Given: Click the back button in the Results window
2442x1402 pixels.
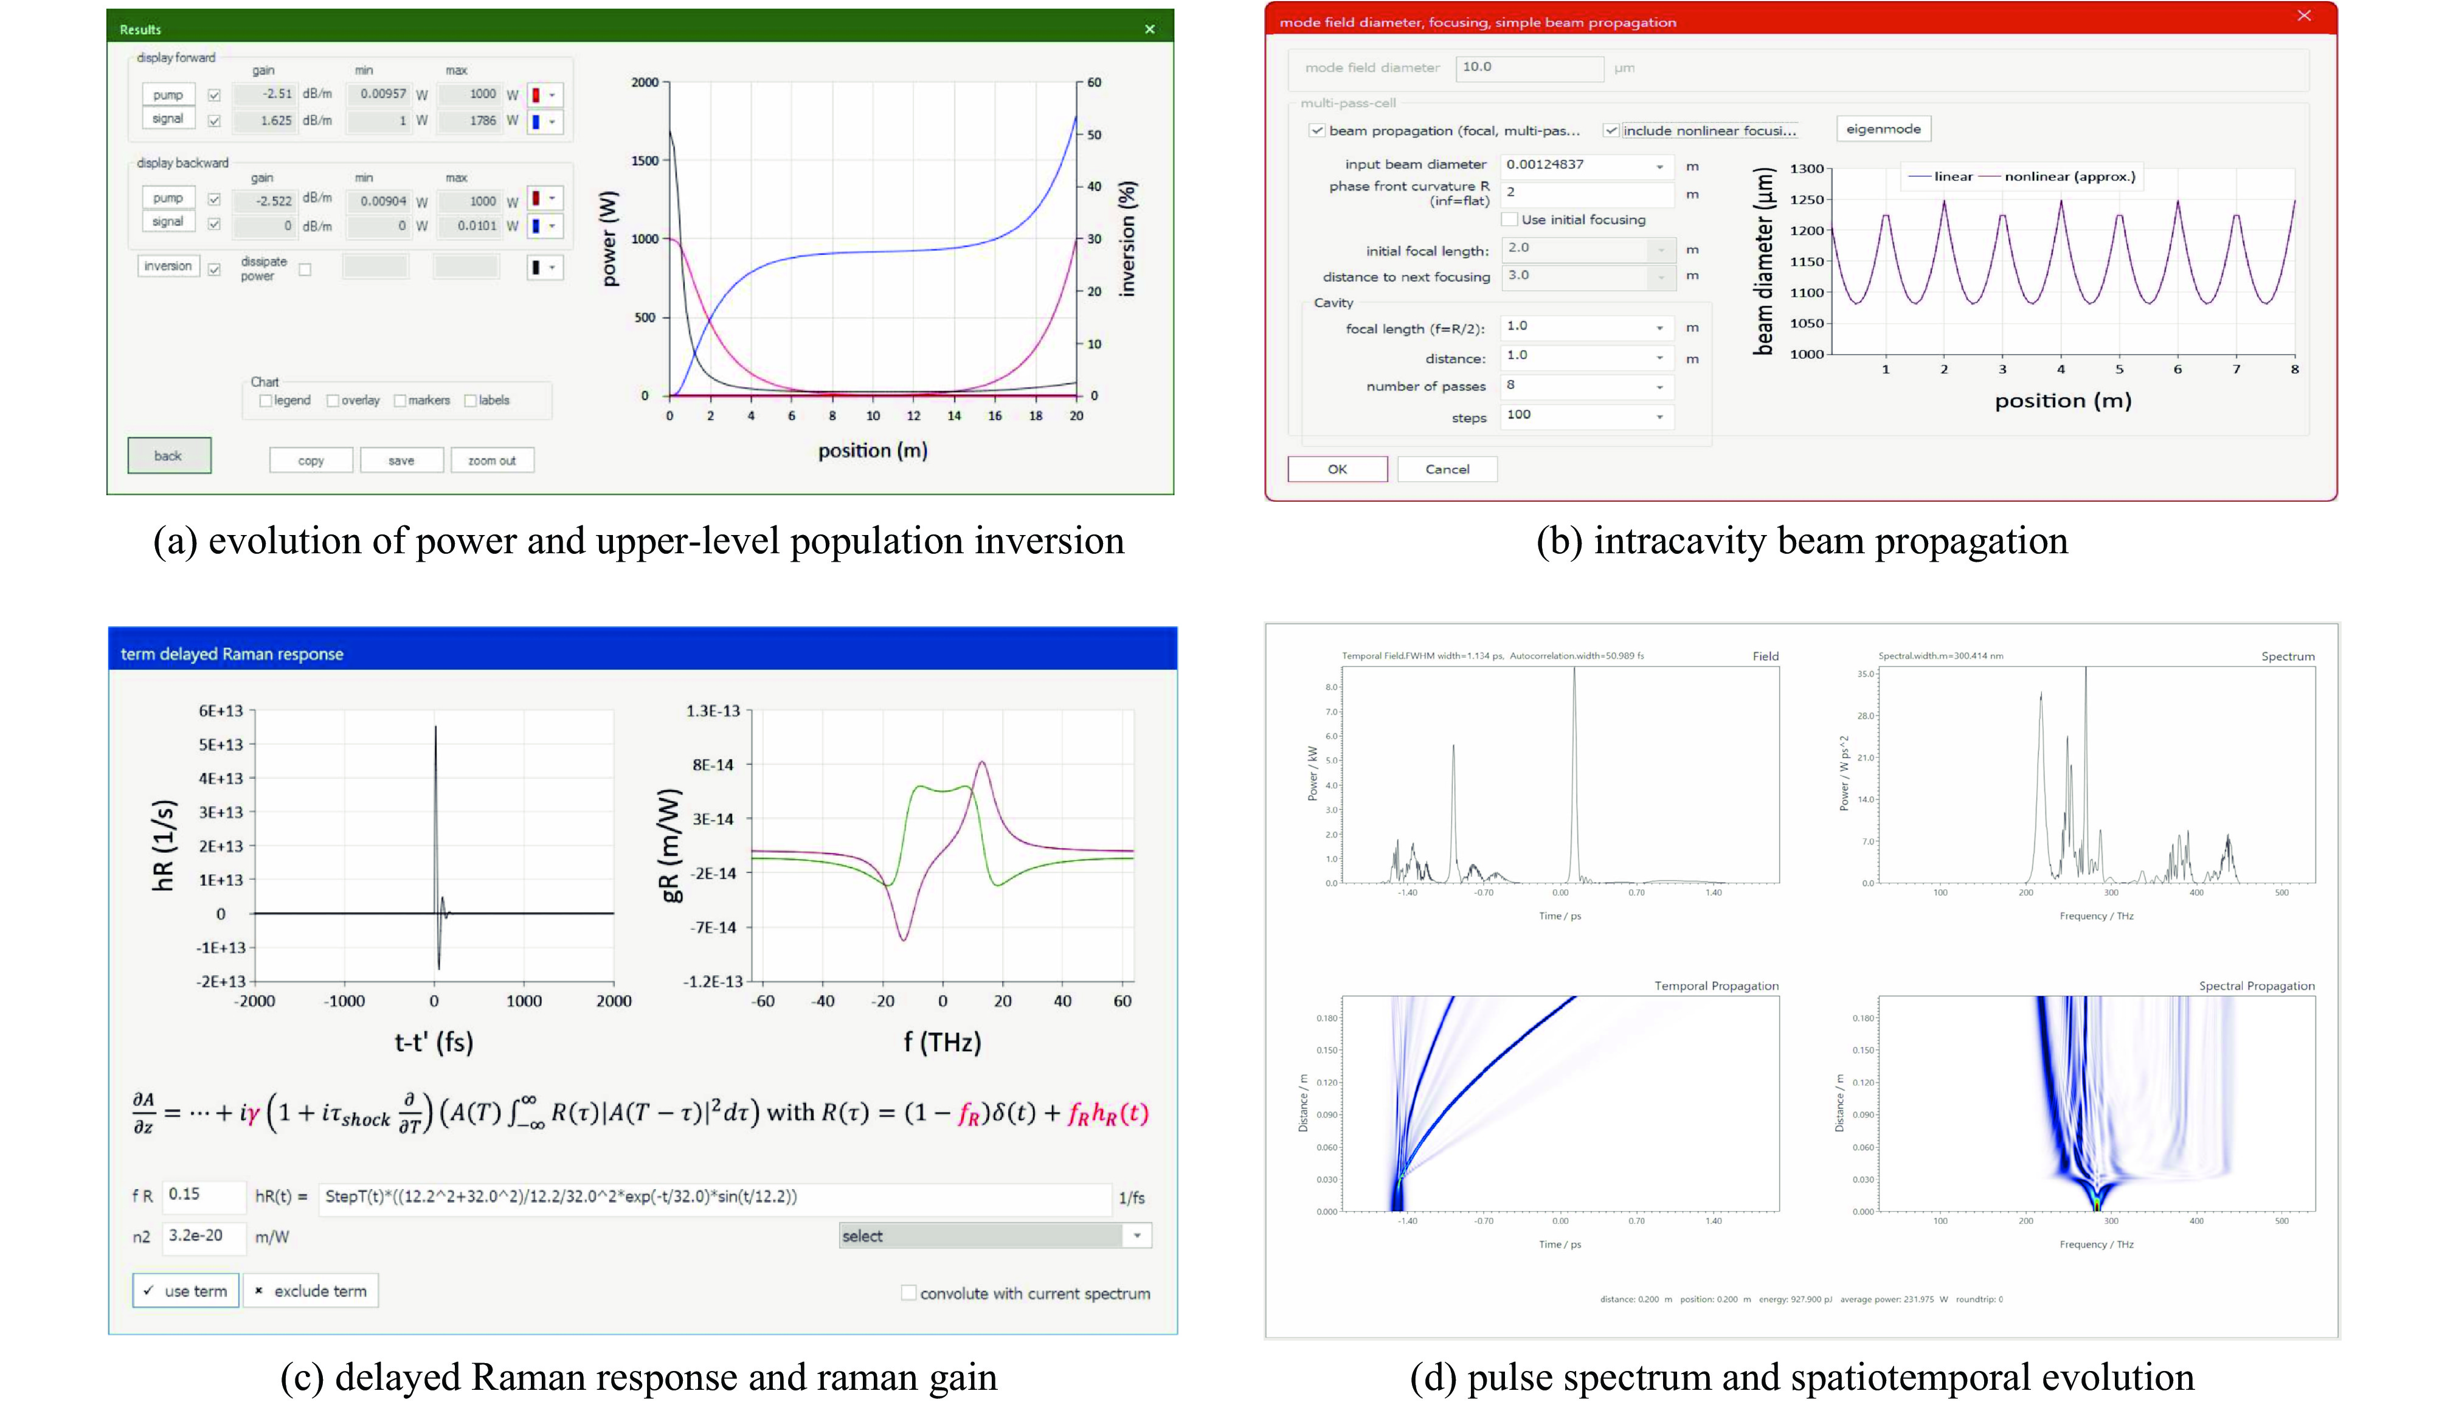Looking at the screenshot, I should click(168, 455).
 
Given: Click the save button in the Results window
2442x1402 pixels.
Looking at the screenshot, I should click(401, 460).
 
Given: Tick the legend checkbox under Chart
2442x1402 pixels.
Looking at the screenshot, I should click(266, 401).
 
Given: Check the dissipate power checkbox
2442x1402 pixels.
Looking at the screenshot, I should click(305, 269).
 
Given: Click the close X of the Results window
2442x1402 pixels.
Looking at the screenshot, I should click(1150, 30).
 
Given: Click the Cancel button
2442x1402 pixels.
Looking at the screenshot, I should click(1447, 469).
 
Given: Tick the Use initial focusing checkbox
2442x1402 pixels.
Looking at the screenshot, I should click(1510, 219).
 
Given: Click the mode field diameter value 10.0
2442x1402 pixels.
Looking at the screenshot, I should click(1527, 67).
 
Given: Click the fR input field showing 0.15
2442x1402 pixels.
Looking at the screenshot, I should click(202, 1195).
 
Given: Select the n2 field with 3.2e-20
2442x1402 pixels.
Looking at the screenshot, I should click(202, 1235).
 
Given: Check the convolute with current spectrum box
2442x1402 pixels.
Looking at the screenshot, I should click(908, 1293).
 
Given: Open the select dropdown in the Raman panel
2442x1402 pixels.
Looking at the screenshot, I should click(1136, 1235).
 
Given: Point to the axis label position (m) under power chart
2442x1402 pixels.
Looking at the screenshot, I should click(873, 451).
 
